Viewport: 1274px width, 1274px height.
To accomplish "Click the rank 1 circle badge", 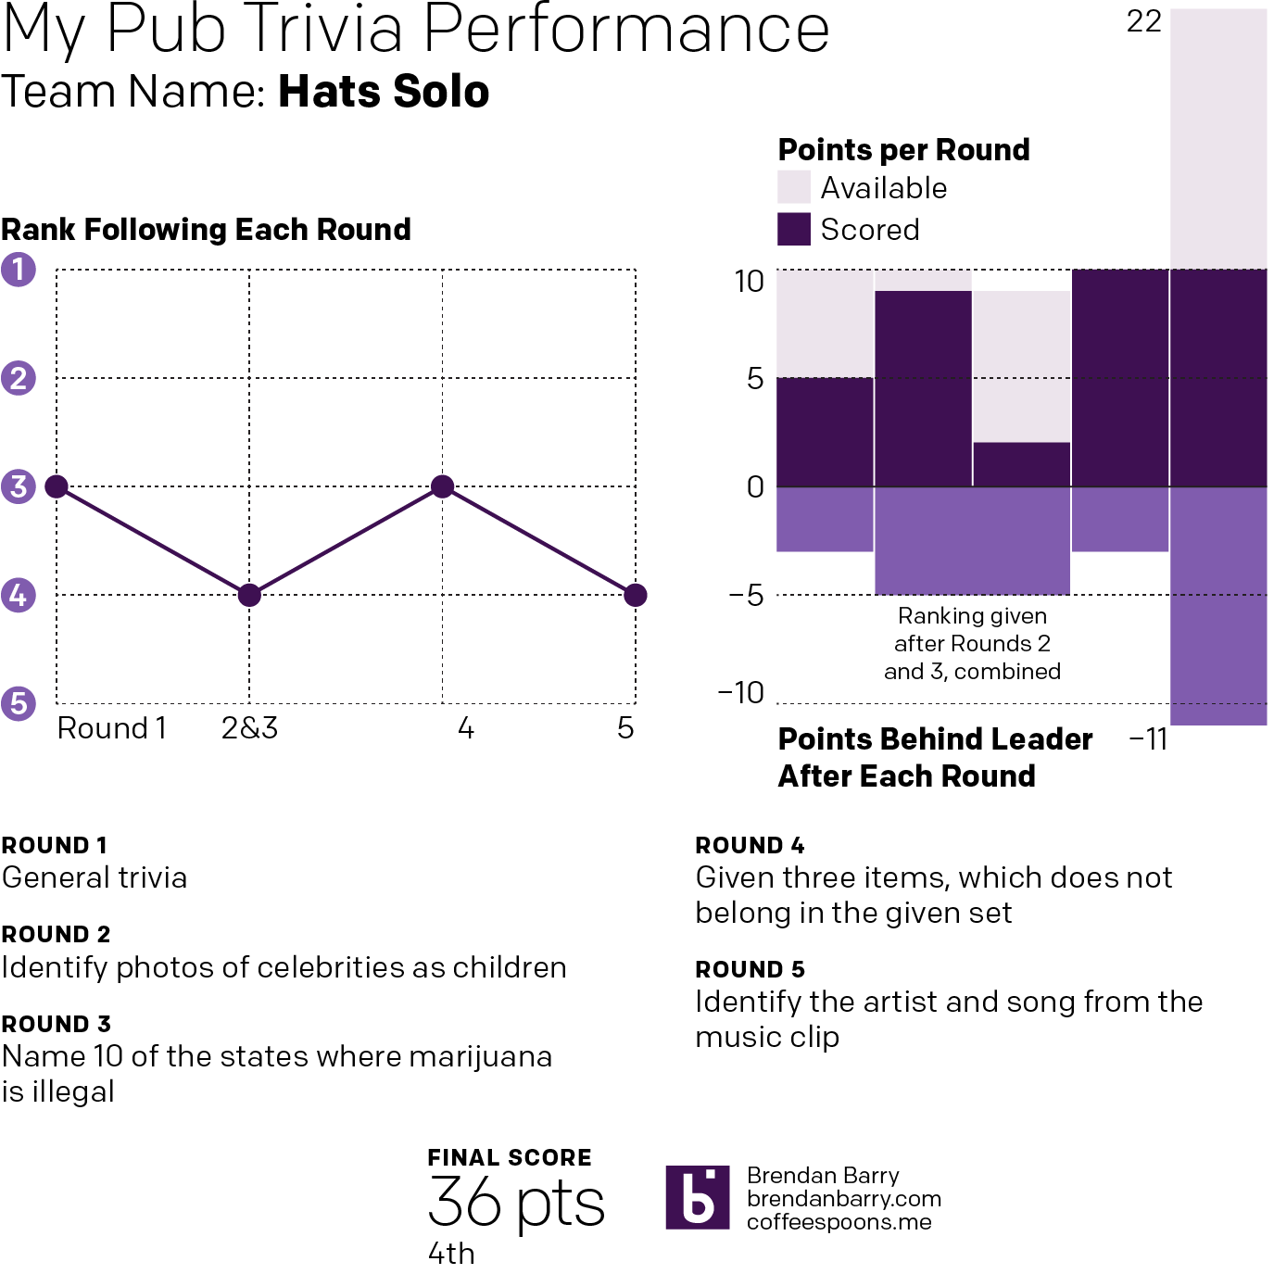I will click(x=19, y=270).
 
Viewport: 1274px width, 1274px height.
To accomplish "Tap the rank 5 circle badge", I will click(x=19, y=703).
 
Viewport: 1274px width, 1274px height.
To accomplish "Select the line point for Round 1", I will click(x=57, y=486).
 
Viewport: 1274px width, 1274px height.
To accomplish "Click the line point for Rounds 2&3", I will click(x=249, y=595).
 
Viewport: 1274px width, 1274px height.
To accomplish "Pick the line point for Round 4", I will click(x=443, y=486).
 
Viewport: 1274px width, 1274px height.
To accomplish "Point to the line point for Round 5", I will click(x=636, y=595).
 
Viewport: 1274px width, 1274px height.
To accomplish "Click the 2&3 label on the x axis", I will click(x=249, y=728).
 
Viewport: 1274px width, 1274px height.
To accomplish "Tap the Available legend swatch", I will click(x=794, y=187).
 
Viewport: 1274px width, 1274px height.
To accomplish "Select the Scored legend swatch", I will click(x=794, y=229).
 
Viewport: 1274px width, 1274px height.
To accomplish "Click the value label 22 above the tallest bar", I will click(x=1144, y=21).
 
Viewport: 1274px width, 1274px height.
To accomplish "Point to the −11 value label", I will click(x=1148, y=739).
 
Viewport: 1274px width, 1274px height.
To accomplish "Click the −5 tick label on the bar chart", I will click(x=747, y=595).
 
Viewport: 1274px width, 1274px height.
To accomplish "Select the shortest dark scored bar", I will click(x=1021, y=464).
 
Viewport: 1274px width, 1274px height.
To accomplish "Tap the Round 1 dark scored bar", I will click(x=825, y=432).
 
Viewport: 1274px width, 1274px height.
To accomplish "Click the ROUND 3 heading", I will click(x=57, y=1024).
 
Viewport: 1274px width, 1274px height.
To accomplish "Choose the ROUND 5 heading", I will click(x=751, y=969).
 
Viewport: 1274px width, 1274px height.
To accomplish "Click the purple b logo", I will click(x=698, y=1198).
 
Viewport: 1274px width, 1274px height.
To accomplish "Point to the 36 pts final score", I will click(x=516, y=1203).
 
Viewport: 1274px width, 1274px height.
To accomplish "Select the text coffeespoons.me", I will click(x=839, y=1222).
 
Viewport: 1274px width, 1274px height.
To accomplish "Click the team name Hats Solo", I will click(x=384, y=92).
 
